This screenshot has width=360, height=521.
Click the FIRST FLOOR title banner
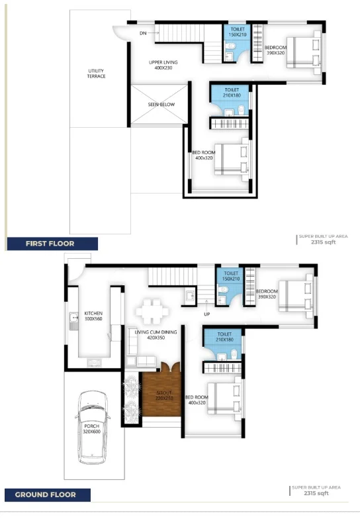(52, 244)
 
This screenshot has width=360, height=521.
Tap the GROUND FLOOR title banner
(48, 495)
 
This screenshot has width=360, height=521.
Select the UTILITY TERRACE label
(97, 73)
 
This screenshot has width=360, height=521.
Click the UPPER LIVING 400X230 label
(163, 65)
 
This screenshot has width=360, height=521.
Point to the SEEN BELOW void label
(161, 105)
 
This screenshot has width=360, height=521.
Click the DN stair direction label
(143, 33)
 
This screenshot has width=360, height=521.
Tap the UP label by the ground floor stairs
(207, 314)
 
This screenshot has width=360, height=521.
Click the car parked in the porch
(93, 427)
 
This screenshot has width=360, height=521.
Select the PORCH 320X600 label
(92, 428)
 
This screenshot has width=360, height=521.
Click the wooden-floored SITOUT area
(161, 395)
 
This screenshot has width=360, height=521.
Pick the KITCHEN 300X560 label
(93, 316)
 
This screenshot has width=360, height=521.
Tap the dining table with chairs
(152, 312)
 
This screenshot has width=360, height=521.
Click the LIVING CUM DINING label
(156, 332)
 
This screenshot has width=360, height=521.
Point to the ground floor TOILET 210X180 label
(224, 336)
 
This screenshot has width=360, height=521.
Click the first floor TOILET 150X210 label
(238, 32)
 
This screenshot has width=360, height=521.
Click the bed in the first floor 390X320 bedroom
(304, 52)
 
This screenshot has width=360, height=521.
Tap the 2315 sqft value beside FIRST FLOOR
(323, 242)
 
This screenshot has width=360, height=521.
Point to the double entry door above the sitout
(170, 367)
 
